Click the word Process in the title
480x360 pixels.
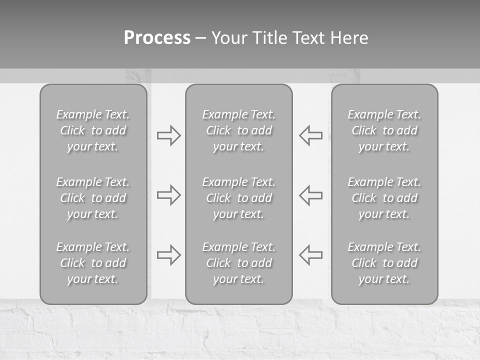(157, 38)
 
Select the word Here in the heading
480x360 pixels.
(349, 38)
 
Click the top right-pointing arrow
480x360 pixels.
(168, 135)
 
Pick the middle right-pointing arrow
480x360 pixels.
(168, 195)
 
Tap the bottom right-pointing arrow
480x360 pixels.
(168, 255)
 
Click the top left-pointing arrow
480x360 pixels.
(311, 135)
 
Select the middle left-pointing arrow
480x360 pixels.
(311, 195)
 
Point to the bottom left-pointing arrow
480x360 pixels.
(311, 255)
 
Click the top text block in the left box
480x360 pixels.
(93, 130)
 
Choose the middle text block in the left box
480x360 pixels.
(93, 198)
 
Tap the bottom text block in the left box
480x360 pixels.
(93, 263)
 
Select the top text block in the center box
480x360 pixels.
(239, 130)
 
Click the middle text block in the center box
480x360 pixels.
(239, 198)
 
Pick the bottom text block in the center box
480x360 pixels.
(239, 263)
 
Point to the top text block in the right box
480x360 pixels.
(384, 130)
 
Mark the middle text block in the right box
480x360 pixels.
(384, 198)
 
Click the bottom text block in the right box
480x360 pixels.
(384, 263)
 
